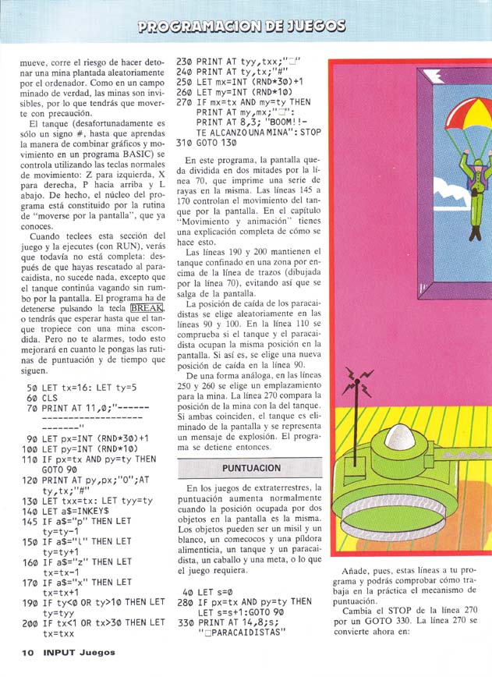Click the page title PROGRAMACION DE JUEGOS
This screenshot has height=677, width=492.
[242, 27]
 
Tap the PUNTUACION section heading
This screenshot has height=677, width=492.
[251, 468]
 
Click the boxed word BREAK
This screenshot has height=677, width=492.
[149, 308]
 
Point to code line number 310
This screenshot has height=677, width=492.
[184, 143]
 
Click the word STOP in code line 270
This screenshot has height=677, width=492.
[308, 133]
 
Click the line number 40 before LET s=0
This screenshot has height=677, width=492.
[188, 592]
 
